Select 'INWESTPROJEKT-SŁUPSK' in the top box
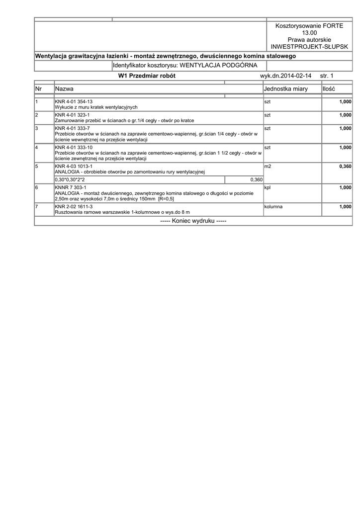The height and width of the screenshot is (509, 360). [x=309, y=46]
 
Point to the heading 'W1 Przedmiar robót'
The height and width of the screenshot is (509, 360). [x=147, y=76]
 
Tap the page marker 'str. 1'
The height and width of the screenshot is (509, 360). [x=327, y=76]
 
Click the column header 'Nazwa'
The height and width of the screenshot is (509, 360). [x=65, y=88]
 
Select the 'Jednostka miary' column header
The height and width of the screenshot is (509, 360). [x=286, y=88]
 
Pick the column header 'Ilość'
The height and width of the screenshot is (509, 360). [x=329, y=88]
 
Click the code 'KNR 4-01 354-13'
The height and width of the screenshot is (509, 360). [x=74, y=101]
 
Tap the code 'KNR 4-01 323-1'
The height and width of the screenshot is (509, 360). [x=72, y=115]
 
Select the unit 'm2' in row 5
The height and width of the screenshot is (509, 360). [x=268, y=166]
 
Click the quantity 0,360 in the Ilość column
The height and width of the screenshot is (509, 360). [x=345, y=167]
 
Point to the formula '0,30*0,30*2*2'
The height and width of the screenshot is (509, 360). [x=70, y=179]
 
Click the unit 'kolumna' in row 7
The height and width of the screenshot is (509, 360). [x=273, y=206]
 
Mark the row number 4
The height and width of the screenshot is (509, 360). [x=37, y=148]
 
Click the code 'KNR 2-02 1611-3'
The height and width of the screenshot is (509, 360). [x=74, y=206]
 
